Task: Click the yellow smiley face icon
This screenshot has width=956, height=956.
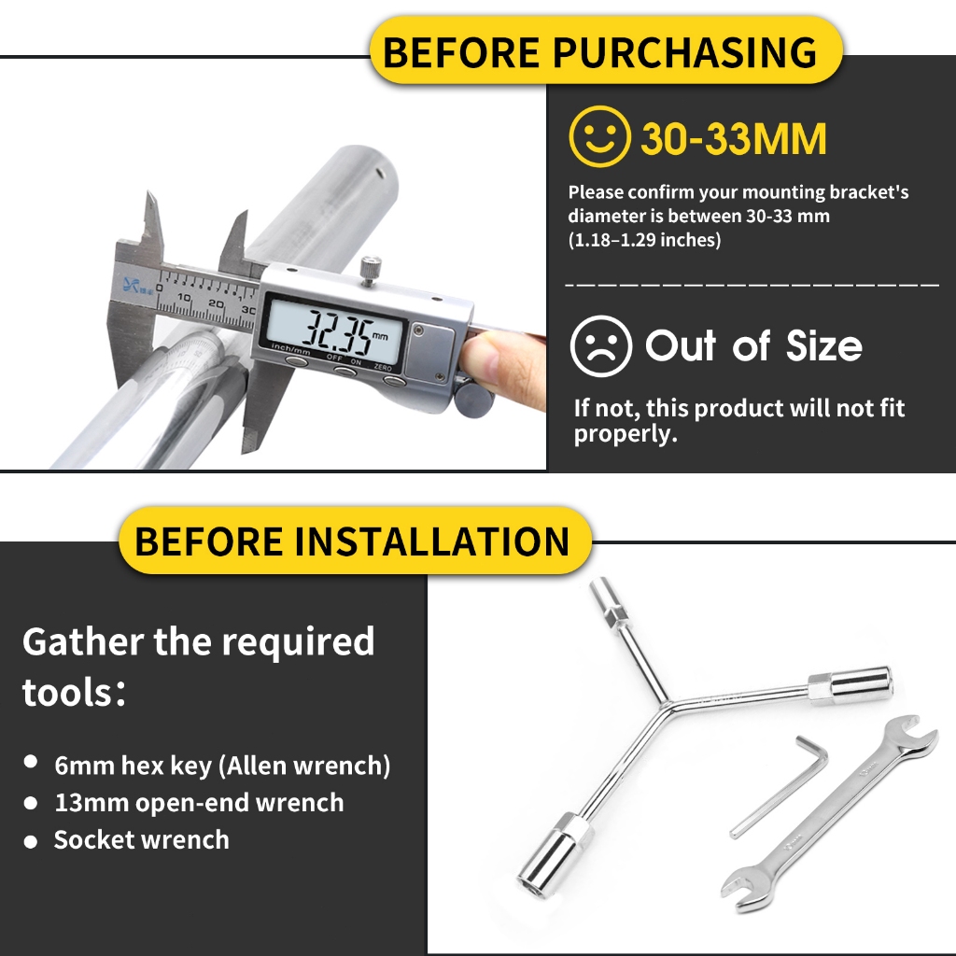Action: pyautogui.click(x=599, y=136)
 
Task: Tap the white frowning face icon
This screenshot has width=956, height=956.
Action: pyautogui.click(x=600, y=345)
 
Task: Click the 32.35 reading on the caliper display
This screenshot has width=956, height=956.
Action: pyautogui.click(x=337, y=333)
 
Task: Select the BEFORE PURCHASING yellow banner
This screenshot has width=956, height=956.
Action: pyautogui.click(x=606, y=50)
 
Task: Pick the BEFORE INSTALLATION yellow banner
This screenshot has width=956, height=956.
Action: pyautogui.click(x=355, y=541)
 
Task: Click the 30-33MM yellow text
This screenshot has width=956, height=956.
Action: pyautogui.click(x=734, y=138)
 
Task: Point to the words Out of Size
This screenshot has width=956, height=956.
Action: pyautogui.click(x=753, y=345)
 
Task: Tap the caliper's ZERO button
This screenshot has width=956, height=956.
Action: pyautogui.click(x=393, y=381)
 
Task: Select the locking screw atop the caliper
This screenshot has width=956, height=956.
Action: pyautogui.click(x=370, y=271)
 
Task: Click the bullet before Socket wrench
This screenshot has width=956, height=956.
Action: pyautogui.click(x=31, y=842)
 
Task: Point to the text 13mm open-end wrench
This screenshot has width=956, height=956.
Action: pyautogui.click(x=200, y=802)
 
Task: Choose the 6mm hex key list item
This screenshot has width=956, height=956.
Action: pyautogui.click(x=222, y=766)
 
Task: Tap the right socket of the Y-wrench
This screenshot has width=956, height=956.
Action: pyautogui.click(x=851, y=684)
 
